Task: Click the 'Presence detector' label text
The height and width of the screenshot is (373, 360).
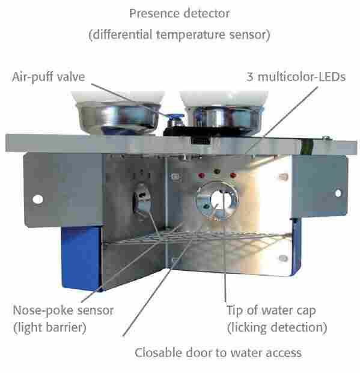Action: pos(180,13)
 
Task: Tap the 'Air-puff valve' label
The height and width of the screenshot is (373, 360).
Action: pos(48,77)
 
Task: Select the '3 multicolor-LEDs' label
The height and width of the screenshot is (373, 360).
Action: pos(296,77)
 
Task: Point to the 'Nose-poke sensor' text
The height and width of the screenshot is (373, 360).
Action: pos(63,311)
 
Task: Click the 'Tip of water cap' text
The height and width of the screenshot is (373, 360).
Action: pos(271,311)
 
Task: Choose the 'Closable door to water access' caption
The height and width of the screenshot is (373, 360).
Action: pos(218,353)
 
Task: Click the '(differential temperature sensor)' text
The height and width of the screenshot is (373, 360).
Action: pos(179,35)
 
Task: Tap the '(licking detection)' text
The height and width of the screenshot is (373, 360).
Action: pos(277,327)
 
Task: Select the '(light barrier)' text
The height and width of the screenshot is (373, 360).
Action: pos(50,327)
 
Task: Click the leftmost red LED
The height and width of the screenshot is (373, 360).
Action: pos(201,175)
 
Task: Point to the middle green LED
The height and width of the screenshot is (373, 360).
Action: pos(217,171)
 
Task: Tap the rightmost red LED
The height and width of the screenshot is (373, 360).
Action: pos(233,175)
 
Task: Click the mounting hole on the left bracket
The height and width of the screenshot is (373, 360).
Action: pos(38,199)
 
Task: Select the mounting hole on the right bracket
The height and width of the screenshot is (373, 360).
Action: pos(338,193)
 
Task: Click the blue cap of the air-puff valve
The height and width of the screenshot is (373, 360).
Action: pos(175,117)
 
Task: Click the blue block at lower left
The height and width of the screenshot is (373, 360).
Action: pos(81,258)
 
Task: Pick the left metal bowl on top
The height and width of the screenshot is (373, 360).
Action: pos(118,118)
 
